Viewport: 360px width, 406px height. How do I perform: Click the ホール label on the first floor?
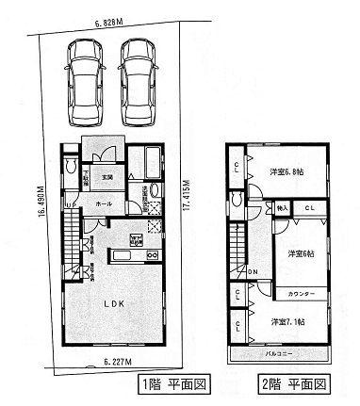coord(106,202)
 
